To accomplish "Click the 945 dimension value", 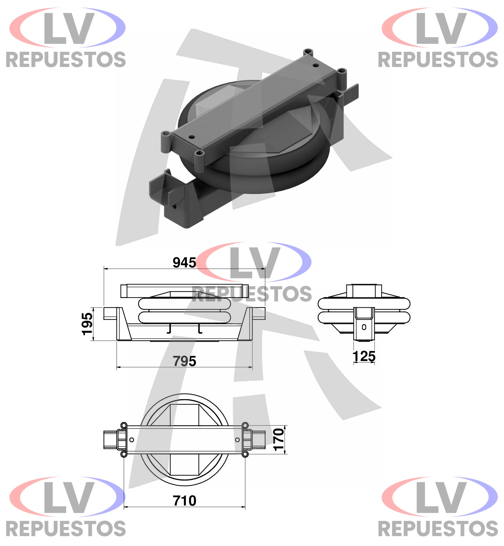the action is (184, 262).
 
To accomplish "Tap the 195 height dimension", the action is (87, 324).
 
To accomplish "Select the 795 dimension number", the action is (184, 361).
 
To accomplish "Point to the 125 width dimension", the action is (364, 356).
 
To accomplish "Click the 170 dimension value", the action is (279, 440).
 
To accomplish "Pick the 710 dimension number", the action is (184, 501).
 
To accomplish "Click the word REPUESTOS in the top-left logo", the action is (66, 60).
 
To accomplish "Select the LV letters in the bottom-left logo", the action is (69, 497).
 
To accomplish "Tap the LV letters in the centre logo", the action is (255, 263).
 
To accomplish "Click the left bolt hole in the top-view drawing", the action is (132, 440).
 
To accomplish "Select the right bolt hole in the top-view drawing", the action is (237, 440).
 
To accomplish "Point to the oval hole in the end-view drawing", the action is (364, 327).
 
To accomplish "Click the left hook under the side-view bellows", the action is (170, 329).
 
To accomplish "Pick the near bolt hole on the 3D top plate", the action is (191, 137).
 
